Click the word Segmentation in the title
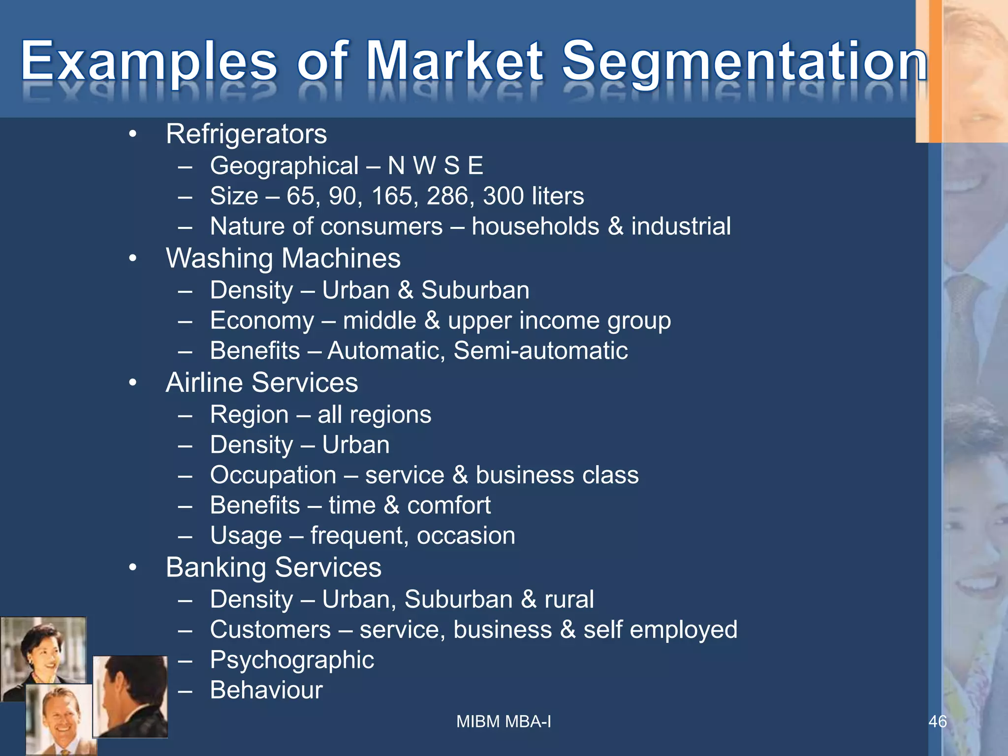(x=744, y=61)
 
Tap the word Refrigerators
(x=246, y=134)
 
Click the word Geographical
(x=284, y=166)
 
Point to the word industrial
(x=681, y=226)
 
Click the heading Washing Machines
(x=283, y=258)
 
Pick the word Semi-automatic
(x=540, y=351)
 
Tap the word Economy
(x=262, y=321)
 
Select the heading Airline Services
(x=262, y=383)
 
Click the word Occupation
(x=273, y=475)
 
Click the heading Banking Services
(x=273, y=567)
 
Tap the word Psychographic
(x=292, y=661)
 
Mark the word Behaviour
(x=266, y=690)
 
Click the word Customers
(x=270, y=630)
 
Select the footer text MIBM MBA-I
(x=504, y=722)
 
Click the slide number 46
(x=937, y=722)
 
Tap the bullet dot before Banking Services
(x=132, y=568)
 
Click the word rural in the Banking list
(x=569, y=599)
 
